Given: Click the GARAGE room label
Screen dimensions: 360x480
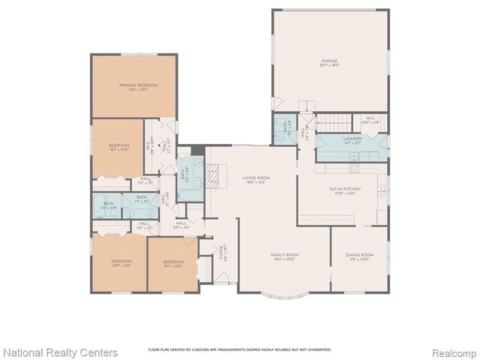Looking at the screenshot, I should point(330,63).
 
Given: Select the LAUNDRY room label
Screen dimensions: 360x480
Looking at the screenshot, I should point(351,139).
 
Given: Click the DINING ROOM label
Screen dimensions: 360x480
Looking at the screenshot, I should point(358,256).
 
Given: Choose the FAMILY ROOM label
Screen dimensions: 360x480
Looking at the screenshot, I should point(284,256).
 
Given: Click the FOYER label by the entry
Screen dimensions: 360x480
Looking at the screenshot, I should point(221,250).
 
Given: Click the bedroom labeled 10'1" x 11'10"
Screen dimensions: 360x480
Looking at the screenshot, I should point(120,147).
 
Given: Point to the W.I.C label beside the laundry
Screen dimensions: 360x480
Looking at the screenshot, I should point(370,119).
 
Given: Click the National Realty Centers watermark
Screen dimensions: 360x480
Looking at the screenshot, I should point(61,351).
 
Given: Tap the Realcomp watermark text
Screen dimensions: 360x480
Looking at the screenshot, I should point(452,351).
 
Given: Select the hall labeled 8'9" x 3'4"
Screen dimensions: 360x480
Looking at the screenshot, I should point(181,224).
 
